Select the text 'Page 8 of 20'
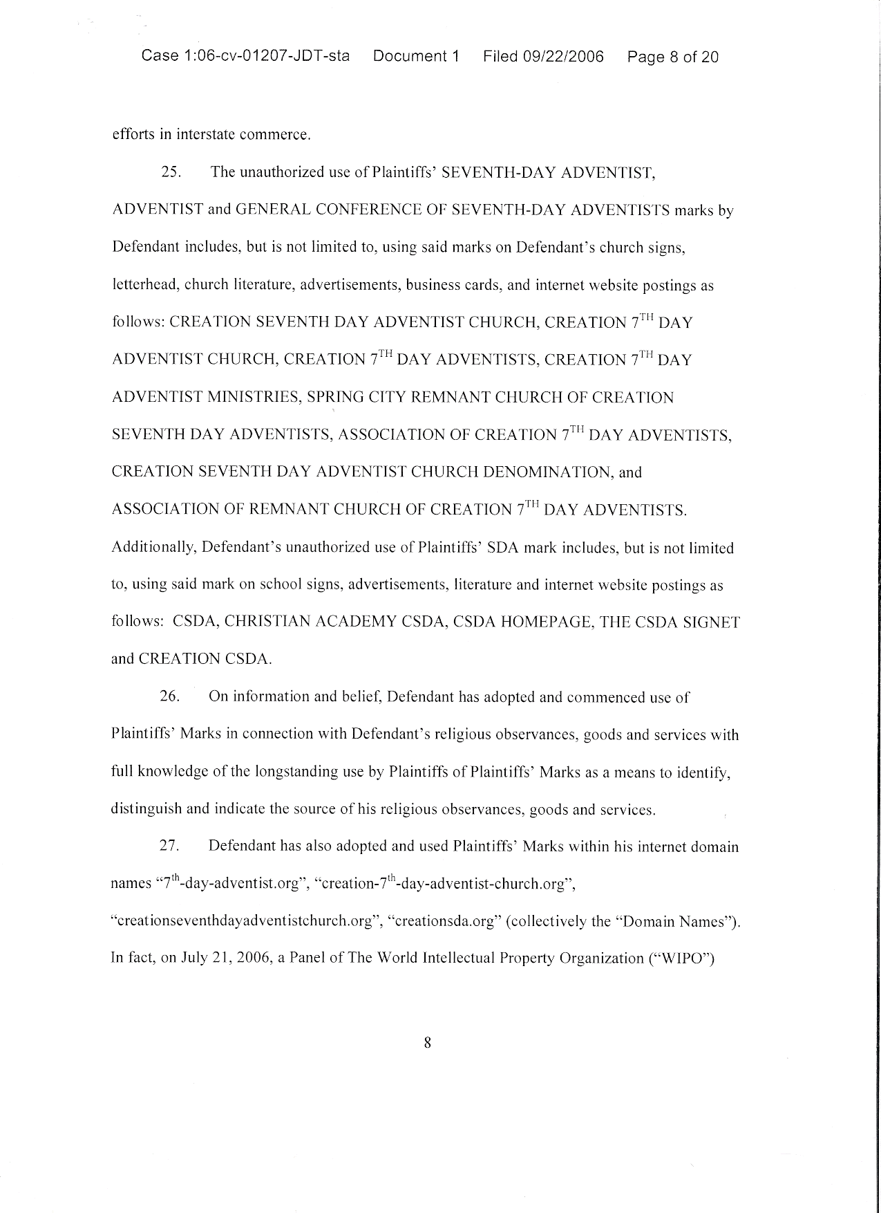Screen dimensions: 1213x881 click(x=672, y=57)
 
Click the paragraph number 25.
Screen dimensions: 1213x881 click(x=171, y=172)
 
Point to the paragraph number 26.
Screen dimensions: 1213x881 click(x=170, y=696)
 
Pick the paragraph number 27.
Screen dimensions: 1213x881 click(x=170, y=846)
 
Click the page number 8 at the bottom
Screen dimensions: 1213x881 click(x=427, y=1043)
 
